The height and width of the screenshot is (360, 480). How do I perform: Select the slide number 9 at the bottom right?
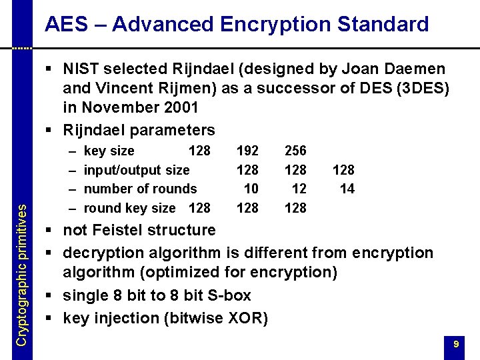coord(456,344)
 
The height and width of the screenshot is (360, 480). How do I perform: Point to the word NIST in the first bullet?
coord(83,69)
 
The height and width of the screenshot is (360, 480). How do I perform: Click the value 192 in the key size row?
coord(248,151)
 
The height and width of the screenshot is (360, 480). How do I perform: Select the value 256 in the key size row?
coord(295,151)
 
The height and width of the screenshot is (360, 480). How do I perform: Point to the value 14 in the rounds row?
coord(347,189)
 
